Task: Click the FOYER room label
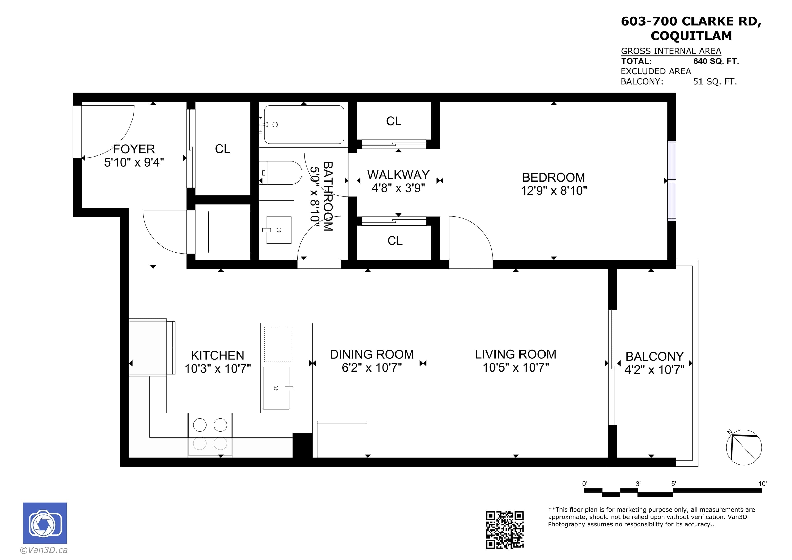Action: [x=134, y=149]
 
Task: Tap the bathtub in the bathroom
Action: [x=304, y=125]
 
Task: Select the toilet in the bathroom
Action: [x=280, y=173]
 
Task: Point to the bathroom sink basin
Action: [x=279, y=230]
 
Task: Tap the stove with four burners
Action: [x=210, y=435]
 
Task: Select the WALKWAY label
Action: [x=398, y=175]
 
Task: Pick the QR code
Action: [x=505, y=530]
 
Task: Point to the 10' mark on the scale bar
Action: [x=762, y=484]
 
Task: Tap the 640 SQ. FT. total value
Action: [x=716, y=61]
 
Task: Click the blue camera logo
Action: [x=45, y=523]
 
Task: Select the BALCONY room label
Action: [x=655, y=356]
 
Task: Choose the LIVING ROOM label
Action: [x=516, y=354]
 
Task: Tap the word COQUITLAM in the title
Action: [x=691, y=36]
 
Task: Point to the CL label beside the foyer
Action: [x=222, y=149]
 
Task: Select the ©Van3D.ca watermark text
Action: [x=44, y=550]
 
